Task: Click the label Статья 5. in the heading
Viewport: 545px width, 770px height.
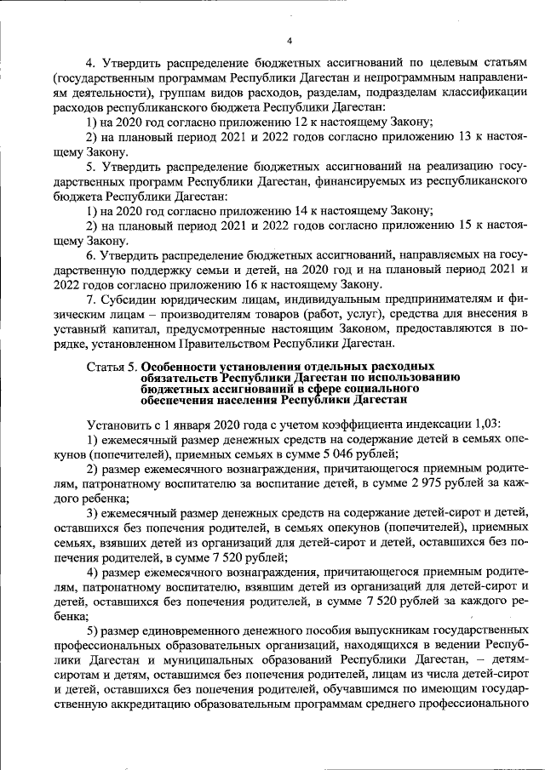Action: (x=112, y=366)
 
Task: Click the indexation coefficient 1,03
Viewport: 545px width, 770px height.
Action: (x=487, y=423)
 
